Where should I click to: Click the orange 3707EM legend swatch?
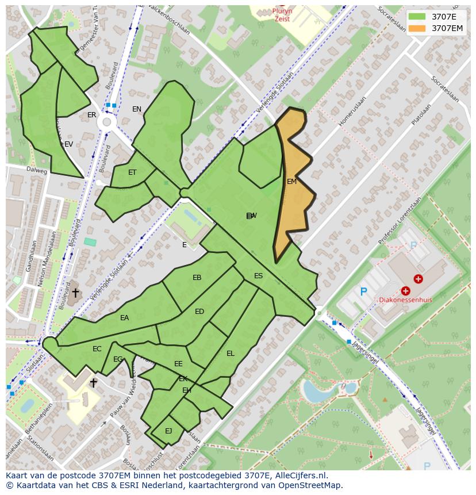pos(417,28)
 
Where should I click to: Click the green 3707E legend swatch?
pos(417,17)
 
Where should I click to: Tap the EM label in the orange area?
pos(291,182)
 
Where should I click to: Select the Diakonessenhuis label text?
pos(405,300)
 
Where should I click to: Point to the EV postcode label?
pos(68,144)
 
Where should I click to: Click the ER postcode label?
pos(91,115)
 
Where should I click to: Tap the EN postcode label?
pos(136,109)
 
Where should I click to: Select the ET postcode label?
pos(132,172)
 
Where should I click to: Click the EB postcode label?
pos(197,278)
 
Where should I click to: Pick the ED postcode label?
pos(199,312)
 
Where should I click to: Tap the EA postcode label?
pos(124,318)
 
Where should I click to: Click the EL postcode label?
pos(230,354)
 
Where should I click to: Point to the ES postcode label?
pos(258,276)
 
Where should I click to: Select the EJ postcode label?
pos(168,431)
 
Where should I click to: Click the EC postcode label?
pos(97,349)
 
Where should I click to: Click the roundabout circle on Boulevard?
pos(106,122)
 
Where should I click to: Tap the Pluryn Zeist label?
pos(282,15)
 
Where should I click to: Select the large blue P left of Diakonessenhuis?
pos(363,292)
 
